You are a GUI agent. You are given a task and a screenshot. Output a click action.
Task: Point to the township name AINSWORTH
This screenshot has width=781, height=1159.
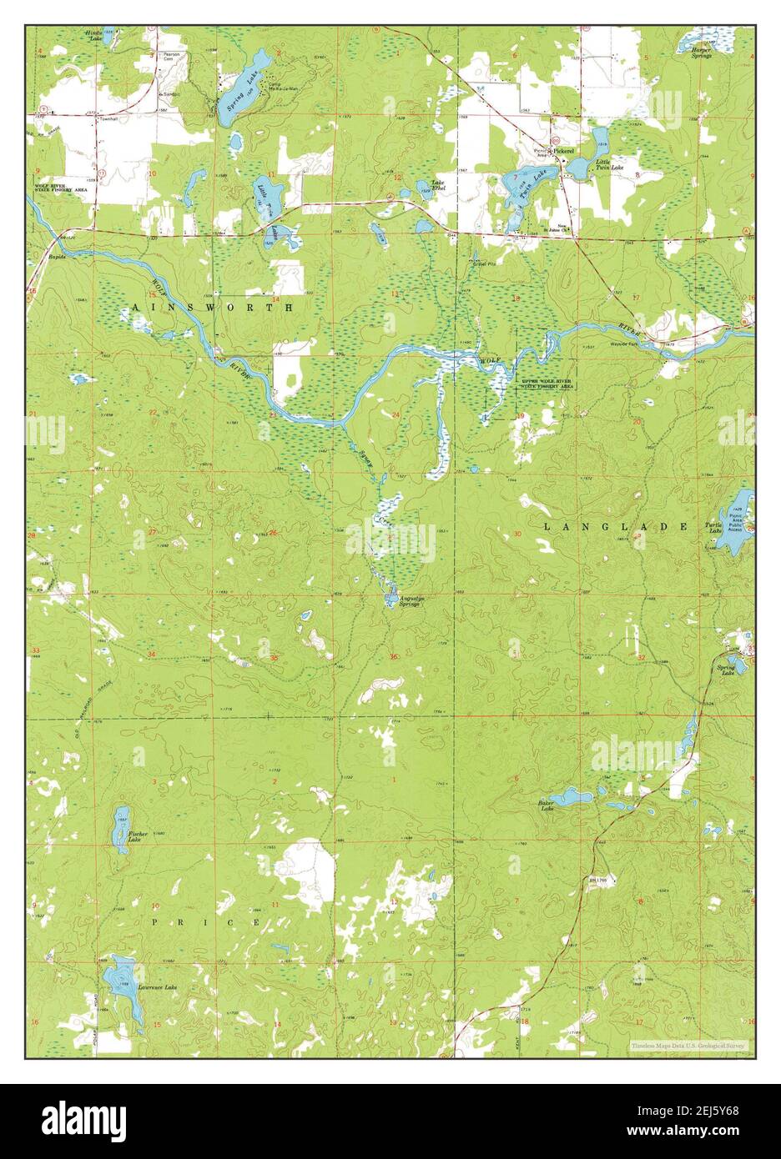point(212,308)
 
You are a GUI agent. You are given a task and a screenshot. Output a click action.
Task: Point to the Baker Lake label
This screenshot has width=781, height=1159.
point(547,805)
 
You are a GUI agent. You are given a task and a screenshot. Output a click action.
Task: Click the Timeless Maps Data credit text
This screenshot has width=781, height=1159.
point(689,1044)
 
